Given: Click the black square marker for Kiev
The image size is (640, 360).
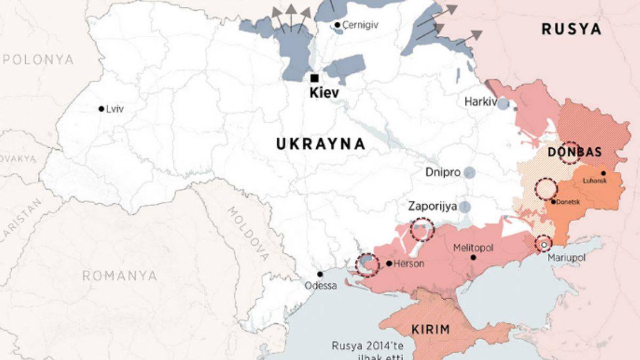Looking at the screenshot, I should [314, 78].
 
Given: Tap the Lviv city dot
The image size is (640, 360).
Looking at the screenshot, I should [101, 109].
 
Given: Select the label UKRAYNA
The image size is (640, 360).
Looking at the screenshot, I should [321, 143].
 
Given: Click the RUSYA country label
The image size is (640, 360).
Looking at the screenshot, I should [571, 29].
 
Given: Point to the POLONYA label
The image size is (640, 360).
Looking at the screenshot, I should [38, 59].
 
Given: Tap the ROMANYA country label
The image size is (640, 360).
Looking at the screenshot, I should [119, 276].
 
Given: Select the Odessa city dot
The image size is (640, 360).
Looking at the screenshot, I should [320, 274].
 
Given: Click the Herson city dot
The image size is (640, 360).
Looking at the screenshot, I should [389, 263].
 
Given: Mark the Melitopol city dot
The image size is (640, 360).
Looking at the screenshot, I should [473, 258].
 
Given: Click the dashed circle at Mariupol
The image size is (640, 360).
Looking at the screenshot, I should [543, 244].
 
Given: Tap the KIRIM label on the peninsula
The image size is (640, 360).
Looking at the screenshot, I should [430, 329].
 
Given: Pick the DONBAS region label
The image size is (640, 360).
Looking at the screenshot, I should [574, 152].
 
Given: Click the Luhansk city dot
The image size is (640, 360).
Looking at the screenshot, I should [603, 173].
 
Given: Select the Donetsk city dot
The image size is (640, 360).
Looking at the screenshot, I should [553, 201].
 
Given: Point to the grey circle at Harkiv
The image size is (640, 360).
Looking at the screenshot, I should [503, 103].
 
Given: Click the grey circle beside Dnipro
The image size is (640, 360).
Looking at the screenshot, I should [469, 172].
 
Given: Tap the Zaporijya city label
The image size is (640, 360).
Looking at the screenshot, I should [433, 206].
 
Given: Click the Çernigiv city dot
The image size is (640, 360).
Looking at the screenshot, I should [338, 25].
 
